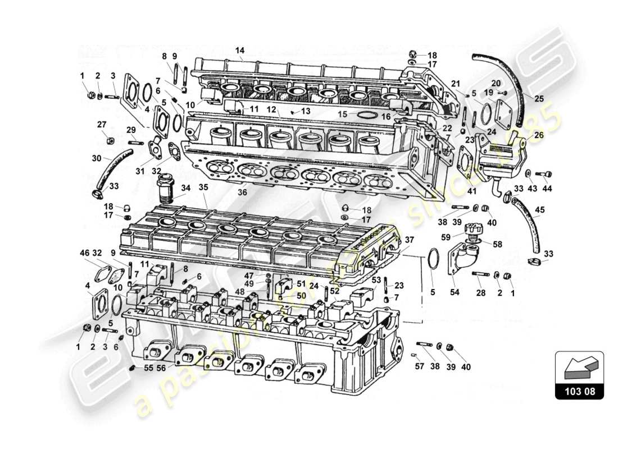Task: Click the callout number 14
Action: pyautogui.click(x=240, y=51)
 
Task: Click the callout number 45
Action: pyautogui.click(x=540, y=211)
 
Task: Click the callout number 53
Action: pyautogui.click(x=376, y=279)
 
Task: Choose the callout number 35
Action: pyautogui.click(x=203, y=187)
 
